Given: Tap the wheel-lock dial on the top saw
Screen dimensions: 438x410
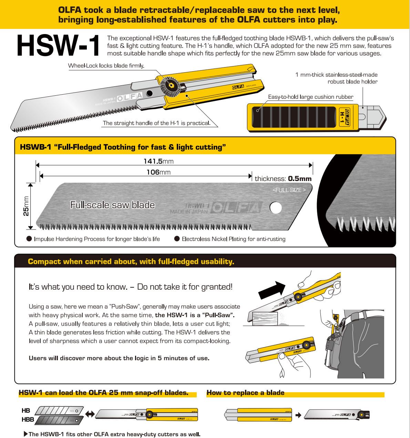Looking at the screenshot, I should [x=170, y=84].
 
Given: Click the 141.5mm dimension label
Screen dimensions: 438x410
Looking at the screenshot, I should [x=158, y=161].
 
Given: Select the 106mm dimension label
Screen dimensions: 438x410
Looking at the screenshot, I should [x=158, y=172].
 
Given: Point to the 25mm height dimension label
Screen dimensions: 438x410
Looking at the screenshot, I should [x=26, y=206].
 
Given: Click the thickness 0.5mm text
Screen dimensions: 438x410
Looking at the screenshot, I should [x=283, y=179].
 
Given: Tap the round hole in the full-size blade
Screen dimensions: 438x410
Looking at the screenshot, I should [x=276, y=207].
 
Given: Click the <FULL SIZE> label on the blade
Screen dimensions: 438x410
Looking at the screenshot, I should [x=289, y=190].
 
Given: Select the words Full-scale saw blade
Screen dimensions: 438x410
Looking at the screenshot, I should [x=112, y=205].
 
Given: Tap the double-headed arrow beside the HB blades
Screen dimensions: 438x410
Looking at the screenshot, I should [x=90, y=414].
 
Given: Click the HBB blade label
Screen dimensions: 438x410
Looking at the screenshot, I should [x=28, y=419].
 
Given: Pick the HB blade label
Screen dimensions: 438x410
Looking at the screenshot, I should [x=26, y=410].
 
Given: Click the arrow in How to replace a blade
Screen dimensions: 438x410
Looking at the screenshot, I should [x=298, y=415].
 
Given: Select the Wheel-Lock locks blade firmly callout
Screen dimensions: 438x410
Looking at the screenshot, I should [x=106, y=66].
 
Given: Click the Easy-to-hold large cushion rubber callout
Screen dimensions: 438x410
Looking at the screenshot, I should [x=310, y=97].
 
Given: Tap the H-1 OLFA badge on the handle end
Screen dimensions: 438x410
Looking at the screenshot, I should [x=344, y=117].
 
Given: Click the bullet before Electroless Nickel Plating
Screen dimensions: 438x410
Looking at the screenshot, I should [x=177, y=239].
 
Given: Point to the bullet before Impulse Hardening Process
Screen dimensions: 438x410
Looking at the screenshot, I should [x=29, y=239].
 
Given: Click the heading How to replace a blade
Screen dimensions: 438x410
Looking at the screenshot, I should [x=245, y=393].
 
